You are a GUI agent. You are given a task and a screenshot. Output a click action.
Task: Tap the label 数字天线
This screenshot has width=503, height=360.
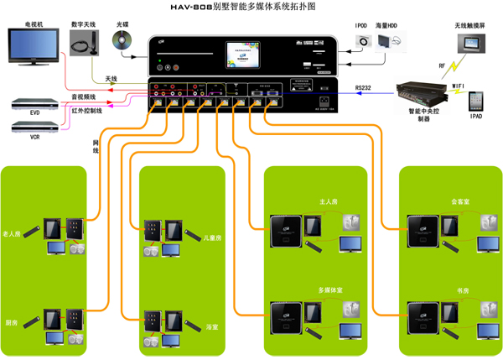[86, 24]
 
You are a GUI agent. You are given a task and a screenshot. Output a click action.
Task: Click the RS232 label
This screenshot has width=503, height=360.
[364, 86]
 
